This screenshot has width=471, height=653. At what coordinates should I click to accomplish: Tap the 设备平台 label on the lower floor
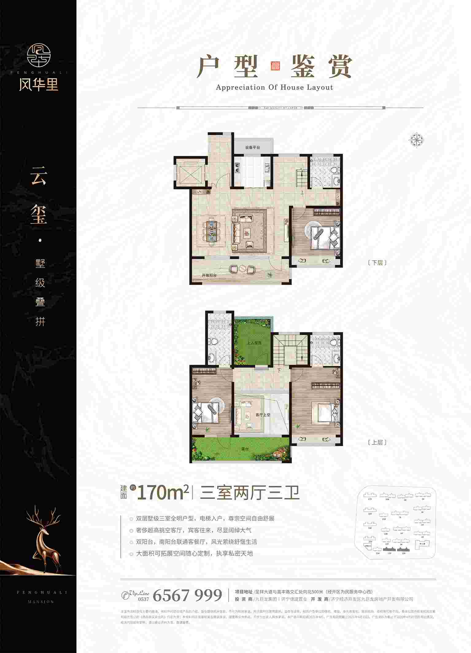pos(252,147)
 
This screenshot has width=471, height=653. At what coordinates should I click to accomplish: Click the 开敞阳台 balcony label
pos(209,276)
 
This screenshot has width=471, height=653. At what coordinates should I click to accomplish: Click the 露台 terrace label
pos(244,449)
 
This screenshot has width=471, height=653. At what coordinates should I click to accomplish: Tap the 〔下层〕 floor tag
pos(377,263)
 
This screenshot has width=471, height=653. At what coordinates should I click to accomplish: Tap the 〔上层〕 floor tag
pos(377,443)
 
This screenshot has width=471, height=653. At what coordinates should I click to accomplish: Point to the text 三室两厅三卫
pos(249,493)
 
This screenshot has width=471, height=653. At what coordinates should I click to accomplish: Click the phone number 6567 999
pos(187,595)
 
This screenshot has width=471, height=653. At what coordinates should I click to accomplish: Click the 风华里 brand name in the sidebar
pos(38,84)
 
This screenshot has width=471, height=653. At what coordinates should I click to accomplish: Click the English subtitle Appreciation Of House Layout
pos(274,88)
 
